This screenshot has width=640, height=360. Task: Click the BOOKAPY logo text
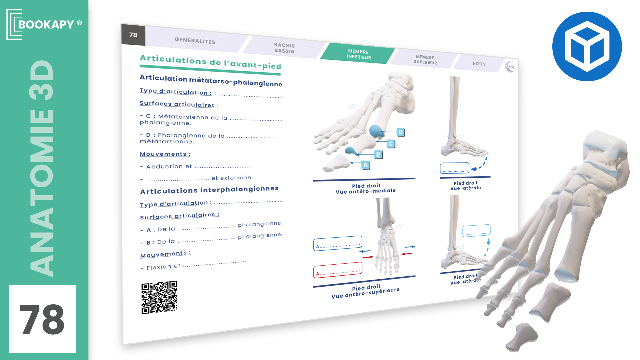coord(46,24)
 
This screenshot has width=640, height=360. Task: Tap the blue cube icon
coord(587,46)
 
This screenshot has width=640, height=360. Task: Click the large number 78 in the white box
coord(42,319)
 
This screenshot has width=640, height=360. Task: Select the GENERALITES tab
coord(195,41)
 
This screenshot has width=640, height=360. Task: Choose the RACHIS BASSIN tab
coord(284,48)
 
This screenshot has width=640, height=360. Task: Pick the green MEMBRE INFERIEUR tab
coord(358,54)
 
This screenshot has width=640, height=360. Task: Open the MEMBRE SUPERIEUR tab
coord(425,60)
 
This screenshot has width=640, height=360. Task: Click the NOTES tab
coord(479,64)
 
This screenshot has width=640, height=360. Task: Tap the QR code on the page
coord(159,297)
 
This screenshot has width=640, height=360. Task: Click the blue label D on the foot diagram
coord(400,132)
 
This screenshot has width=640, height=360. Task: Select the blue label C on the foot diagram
coord(391,144)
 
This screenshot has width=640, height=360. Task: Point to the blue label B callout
coord(378,155)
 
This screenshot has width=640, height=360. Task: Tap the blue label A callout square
coord(366,165)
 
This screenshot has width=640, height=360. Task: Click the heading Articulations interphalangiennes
coord(209,190)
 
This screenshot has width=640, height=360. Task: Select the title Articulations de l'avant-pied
coord(210,62)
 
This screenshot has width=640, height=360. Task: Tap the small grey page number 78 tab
coord(133,35)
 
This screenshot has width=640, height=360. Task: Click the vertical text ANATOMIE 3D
coord(42,168)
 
